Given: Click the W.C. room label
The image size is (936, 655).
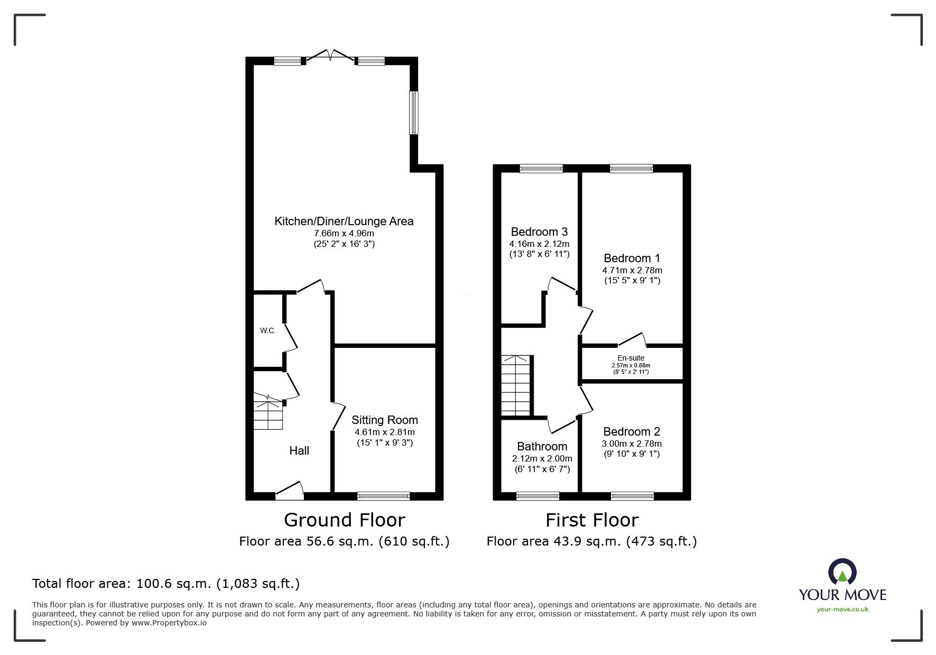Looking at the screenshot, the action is [x=267, y=331].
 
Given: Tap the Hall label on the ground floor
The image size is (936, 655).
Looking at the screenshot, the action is [x=299, y=450].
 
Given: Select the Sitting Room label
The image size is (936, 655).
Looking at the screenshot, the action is [x=385, y=420].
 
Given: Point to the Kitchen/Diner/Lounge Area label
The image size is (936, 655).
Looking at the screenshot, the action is [x=344, y=221].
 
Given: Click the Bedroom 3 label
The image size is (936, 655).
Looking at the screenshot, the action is [x=539, y=232].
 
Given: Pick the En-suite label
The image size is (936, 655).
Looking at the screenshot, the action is [x=631, y=358].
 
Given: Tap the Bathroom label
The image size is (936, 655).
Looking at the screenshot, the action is [x=542, y=447].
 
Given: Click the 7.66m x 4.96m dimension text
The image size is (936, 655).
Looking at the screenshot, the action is [x=344, y=234].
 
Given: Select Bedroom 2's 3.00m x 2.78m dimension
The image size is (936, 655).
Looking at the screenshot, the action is [x=632, y=444].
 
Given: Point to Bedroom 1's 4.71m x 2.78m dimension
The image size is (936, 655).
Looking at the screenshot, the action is [x=632, y=271].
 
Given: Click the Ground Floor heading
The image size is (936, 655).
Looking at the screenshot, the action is [x=345, y=520].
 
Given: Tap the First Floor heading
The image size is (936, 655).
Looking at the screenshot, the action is [x=592, y=520].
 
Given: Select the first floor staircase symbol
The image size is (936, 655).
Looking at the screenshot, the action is [x=515, y=385].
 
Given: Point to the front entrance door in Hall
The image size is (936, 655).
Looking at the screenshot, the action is [x=290, y=491].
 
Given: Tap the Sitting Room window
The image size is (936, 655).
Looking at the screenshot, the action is [x=384, y=496].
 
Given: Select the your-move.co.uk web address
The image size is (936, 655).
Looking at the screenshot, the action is [x=842, y=610].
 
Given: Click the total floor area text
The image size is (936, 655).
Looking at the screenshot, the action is [x=166, y=584].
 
